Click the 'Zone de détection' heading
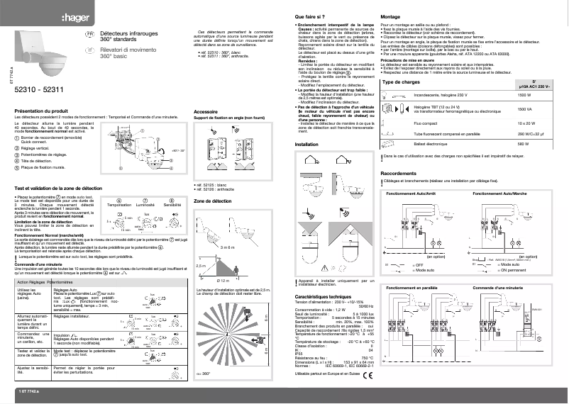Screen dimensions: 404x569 (x=211, y=202)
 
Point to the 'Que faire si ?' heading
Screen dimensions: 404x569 (x=310, y=15)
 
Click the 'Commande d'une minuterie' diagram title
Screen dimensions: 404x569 (x=499, y=288)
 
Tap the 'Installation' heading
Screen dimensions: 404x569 (x=306, y=144)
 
